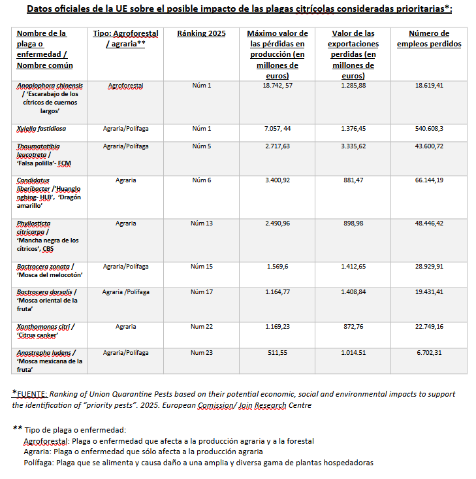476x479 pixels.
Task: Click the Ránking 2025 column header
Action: (201, 33)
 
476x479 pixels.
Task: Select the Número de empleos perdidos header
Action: (428, 39)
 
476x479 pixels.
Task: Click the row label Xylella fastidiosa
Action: (41, 129)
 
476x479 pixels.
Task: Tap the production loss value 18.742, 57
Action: (277, 86)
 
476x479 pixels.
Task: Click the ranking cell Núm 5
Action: (201, 146)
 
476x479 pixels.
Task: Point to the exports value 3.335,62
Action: (353, 146)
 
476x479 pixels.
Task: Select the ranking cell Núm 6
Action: (201, 180)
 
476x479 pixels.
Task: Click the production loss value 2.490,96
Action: (277, 223)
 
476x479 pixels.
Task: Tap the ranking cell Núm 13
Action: (201, 223)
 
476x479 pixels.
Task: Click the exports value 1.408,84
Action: (353, 292)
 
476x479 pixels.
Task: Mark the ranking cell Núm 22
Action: (201, 326)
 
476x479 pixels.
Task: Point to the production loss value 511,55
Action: (277, 352)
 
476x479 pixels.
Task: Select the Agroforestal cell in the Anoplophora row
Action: (125, 86)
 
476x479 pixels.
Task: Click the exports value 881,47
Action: (353, 180)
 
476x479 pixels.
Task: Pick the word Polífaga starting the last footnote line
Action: (37, 463)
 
